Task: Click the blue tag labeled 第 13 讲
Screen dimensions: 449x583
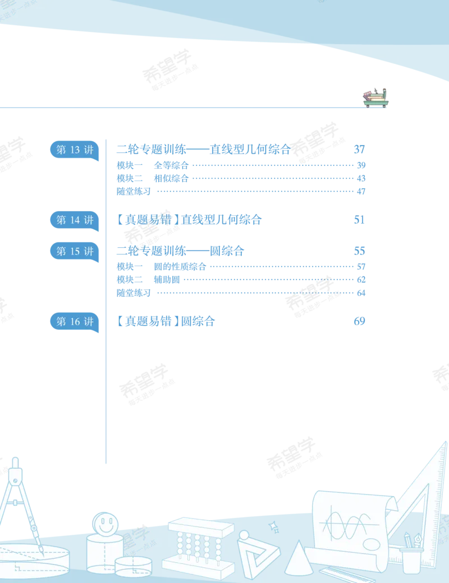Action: click(75, 150)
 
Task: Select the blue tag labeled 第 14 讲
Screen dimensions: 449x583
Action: click(75, 220)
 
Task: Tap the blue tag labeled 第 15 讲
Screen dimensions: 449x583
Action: click(75, 251)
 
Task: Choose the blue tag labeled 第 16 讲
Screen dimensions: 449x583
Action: click(75, 322)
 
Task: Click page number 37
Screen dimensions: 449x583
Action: click(359, 150)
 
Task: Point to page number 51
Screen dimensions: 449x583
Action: click(359, 220)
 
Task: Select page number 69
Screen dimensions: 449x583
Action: click(359, 321)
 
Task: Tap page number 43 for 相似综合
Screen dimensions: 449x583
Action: click(361, 178)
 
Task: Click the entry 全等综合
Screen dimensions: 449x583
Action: click(171, 165)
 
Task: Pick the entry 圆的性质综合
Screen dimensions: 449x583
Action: click(180, 267)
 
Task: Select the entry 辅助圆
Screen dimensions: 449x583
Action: click(167, 280)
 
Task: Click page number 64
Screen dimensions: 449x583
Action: click(361, 293)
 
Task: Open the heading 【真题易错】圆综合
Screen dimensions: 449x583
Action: click(166, 321)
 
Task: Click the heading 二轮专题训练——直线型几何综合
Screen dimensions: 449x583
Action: click(204, 150)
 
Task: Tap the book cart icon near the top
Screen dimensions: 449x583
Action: click(376, 98)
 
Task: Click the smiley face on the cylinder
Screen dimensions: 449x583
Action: click(105, 524)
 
